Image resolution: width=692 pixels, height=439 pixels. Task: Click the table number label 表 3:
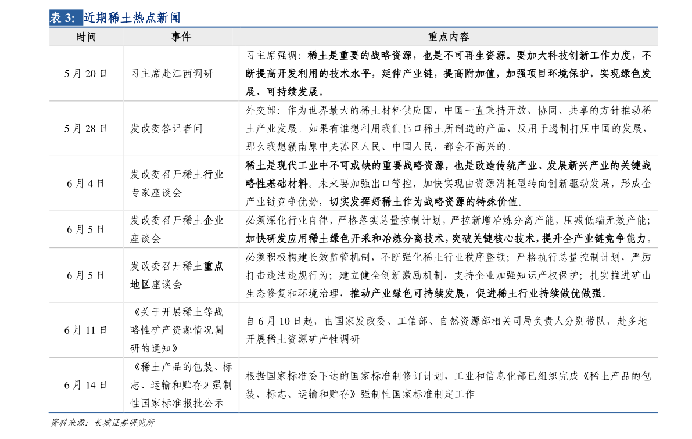[x=63, y=17]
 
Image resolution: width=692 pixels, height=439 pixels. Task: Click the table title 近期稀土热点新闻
[x=132, y=17]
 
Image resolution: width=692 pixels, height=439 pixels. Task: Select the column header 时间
[x=86, y=37]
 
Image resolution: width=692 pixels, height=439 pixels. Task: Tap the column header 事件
[x=181, y=37]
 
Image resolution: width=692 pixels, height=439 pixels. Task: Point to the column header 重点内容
[x=449, y=37]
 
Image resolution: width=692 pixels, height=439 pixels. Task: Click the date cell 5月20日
[x=85, y=74]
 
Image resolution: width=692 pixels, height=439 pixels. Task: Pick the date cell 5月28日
[x=85, y=128]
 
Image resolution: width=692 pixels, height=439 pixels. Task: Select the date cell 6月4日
[x=85, y=183]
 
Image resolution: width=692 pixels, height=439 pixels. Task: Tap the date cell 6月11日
[x=85, y=330]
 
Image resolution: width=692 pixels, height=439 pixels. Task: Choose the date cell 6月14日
[x=85, y=385]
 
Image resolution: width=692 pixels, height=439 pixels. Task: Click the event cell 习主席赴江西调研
[x=171, y=74]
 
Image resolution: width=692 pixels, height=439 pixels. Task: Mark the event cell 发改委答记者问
[x=166, y=128]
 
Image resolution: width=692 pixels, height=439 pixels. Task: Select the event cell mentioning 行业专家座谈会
[x=177, y=183]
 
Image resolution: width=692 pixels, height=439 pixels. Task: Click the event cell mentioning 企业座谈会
[x=177, y=229]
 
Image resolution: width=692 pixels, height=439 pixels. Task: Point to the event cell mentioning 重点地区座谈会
[x=177, y=275]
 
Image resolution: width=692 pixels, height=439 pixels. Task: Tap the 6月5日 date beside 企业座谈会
[x=85, y=229]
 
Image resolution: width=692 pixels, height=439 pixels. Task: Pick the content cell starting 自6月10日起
[x=447, y=330]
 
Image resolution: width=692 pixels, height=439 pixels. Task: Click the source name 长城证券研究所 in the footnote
[x=124, y=423]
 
